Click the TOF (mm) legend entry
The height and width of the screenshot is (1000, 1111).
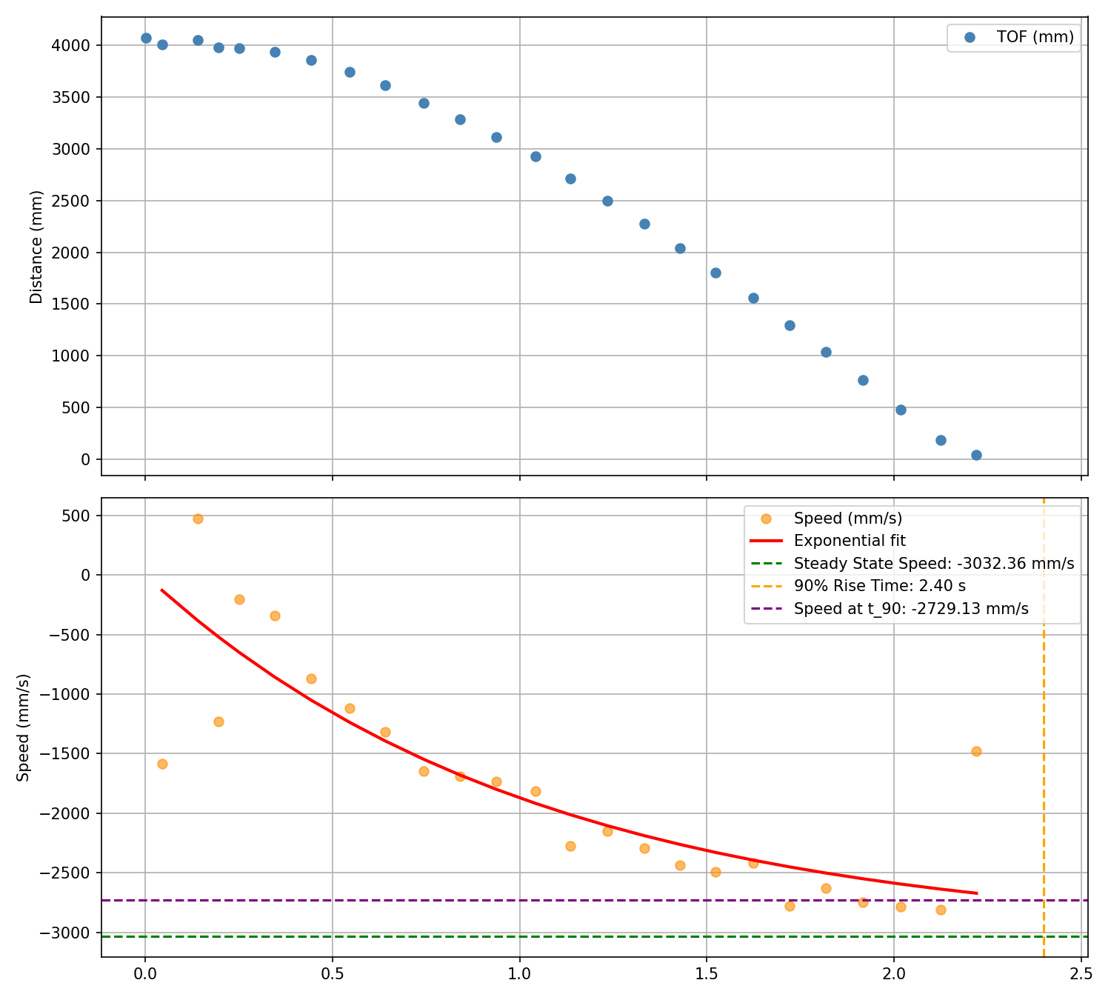click(1035, 37)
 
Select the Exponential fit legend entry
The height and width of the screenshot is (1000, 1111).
click(850, 541)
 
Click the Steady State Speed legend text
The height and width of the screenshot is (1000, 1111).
click(933, 564)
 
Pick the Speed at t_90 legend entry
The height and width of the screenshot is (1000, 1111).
click(911, 610)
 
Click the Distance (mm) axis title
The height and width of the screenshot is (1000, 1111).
click(36, 247)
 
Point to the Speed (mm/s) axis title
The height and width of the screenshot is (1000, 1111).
click(24, 727)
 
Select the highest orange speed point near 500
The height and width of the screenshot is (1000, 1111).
click(198, 519)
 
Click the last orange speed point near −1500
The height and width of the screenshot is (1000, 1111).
click(976, 751)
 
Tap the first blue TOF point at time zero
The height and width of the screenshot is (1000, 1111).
click(146, 38)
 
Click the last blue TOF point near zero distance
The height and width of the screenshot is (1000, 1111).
click(976, 455)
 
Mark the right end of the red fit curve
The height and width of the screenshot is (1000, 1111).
click(976, 893)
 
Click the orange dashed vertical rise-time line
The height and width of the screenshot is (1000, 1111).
click(1044, 741)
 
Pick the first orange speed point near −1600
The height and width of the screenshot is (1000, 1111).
click(162, 764)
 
